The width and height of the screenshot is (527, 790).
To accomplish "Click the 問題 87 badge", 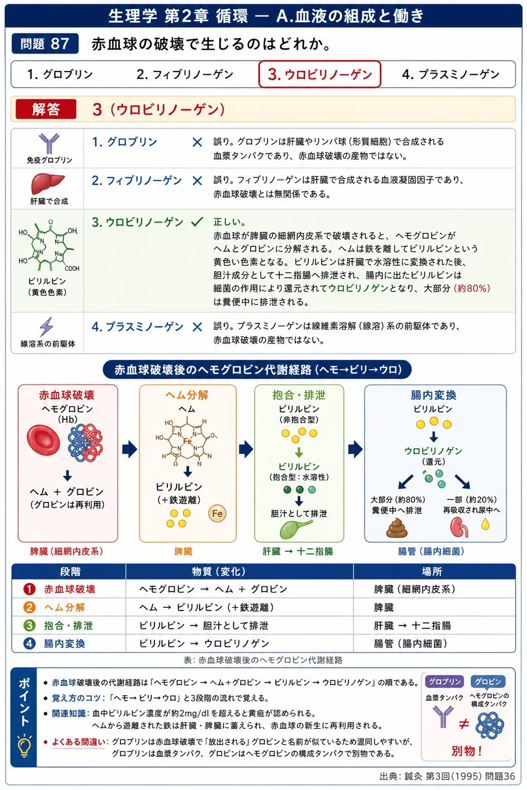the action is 45,44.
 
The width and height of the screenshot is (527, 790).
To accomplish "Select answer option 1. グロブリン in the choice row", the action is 60,75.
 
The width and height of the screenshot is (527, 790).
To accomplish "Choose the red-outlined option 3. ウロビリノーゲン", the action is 319,74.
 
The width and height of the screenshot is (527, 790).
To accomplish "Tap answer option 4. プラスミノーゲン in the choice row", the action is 450,75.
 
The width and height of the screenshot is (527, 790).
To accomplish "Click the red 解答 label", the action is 46,109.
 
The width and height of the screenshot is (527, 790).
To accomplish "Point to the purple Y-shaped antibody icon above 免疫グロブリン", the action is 49,144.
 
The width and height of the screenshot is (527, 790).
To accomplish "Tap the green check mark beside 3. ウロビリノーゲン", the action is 197,222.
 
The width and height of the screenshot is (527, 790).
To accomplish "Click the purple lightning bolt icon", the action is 46,326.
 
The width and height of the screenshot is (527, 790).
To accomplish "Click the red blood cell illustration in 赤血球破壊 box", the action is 43,439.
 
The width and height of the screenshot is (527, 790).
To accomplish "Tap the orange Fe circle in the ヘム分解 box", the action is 217,513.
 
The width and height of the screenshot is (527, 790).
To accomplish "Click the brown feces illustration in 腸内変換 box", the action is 397,527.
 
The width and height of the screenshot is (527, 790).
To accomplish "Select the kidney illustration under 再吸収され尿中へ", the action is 459,527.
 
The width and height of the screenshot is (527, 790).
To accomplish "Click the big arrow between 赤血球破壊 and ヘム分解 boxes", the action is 130,449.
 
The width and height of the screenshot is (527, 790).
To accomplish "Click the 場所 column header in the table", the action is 432,572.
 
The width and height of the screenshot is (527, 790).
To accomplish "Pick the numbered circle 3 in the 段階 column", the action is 29,625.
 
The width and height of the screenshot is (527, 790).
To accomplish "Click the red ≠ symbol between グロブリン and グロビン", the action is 464,725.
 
